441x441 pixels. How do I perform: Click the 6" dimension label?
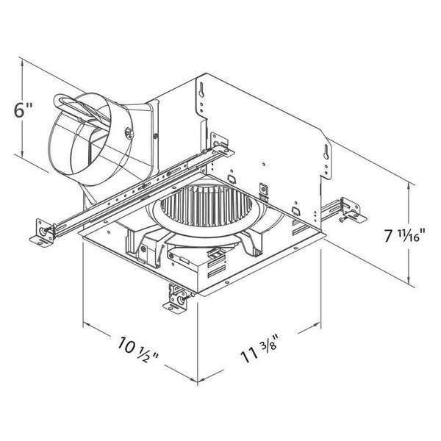click(23, 110)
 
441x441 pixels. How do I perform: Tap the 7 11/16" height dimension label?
click(404, 234)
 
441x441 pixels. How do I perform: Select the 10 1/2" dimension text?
click(138, 349)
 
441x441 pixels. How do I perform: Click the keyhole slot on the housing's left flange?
click(201, 90)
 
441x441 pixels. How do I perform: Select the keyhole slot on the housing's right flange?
click(326, 152)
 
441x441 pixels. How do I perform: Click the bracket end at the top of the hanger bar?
click(221, 145)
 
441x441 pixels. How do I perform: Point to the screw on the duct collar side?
click(129, 133)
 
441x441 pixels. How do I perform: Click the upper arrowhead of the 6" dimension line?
click(22, 63)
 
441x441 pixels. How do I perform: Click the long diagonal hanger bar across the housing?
click(135, 191)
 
